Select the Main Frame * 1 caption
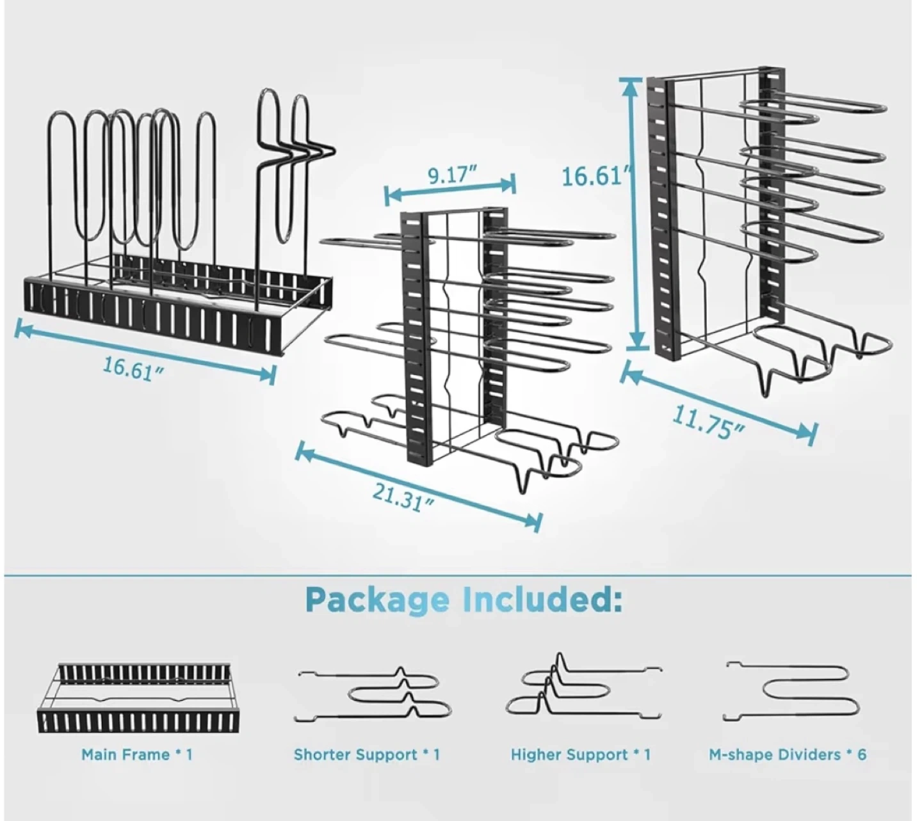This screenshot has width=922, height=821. click(x=137, y=754)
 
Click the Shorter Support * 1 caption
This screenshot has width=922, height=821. click(x=367, y=754)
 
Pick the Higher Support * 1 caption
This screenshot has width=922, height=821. click(x=581, y=754)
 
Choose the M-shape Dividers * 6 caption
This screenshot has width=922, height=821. click(x=788, y=754)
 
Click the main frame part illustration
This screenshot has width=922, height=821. click(x=136, y=697)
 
